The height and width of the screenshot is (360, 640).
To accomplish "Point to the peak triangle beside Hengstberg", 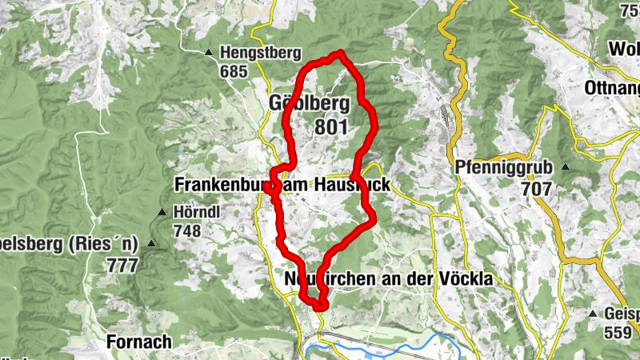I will pos(209,54).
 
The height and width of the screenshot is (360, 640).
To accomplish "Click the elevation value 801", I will pos(331,127).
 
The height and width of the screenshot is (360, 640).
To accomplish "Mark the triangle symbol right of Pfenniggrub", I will pos(566,168).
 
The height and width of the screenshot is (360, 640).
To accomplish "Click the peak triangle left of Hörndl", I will pos(162,213).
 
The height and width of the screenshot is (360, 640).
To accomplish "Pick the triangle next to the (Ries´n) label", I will pos(152,243).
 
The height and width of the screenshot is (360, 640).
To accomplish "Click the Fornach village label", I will pos(138,342).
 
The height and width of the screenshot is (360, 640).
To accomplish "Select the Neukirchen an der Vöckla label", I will pos(388,279).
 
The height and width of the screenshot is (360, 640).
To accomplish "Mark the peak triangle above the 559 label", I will pos(593,314).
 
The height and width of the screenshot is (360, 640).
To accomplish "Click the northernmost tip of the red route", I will pos(341,53).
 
